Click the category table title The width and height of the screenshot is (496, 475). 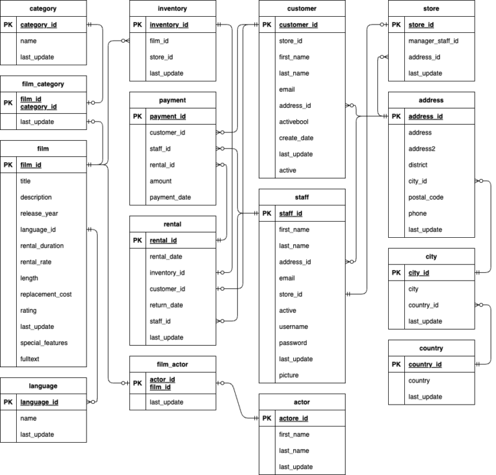[43, 8]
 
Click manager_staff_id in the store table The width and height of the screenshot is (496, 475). [433, 41]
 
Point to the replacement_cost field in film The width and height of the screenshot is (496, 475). [46, 294]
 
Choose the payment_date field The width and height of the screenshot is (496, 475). [170, 197]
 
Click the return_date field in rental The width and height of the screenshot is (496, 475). [166, 305]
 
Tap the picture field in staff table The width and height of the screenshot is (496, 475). [289, 375]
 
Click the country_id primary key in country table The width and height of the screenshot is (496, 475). [425, 364]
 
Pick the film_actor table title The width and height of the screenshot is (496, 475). [172, 364]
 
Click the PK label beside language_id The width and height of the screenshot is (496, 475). [8, 402]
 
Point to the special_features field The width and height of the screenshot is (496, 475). [44, 343]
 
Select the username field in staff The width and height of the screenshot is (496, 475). [294, 326]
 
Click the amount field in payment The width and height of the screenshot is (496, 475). [161, 181]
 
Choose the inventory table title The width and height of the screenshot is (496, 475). [172, 8]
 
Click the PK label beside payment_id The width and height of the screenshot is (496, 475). [137, 116]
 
